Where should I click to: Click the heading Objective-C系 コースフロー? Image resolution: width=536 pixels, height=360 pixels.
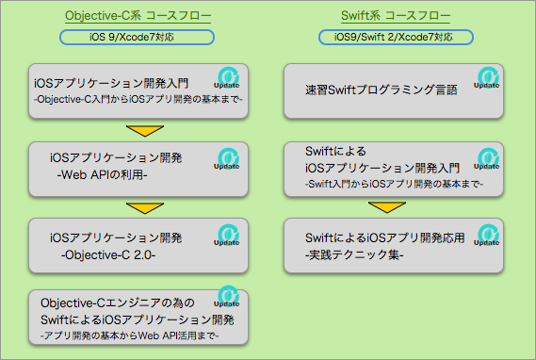pyautogui.click(x=138, y=17)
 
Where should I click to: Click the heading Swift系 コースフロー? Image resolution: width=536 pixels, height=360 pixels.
pyautogui.click(x=395, y=17)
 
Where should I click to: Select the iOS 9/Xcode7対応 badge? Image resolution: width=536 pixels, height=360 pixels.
pyautogui.click(x=138, y=38)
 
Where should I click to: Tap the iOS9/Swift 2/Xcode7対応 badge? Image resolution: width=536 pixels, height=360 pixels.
pyautogui.click(x=396, y=38)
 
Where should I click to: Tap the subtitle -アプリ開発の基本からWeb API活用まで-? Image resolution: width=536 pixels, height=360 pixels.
pyautogui.click(x=130, y=335)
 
